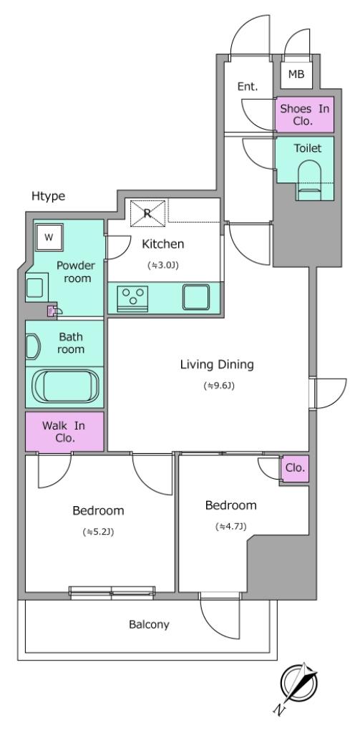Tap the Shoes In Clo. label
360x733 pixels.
coord(305,114)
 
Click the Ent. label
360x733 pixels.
coord(247,87)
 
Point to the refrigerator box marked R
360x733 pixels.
coord(147,212)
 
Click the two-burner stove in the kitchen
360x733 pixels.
coord(133,296)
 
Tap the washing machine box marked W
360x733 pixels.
coord(49,236)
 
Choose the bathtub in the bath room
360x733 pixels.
coord(64,387)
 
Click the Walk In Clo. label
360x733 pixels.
coord(64,432)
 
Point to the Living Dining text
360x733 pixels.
coord(217,364)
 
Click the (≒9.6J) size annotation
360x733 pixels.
coord(218,387)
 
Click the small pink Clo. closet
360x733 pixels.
coord(295,468)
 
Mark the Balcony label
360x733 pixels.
coord(149,624)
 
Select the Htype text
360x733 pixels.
coord(47,195)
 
